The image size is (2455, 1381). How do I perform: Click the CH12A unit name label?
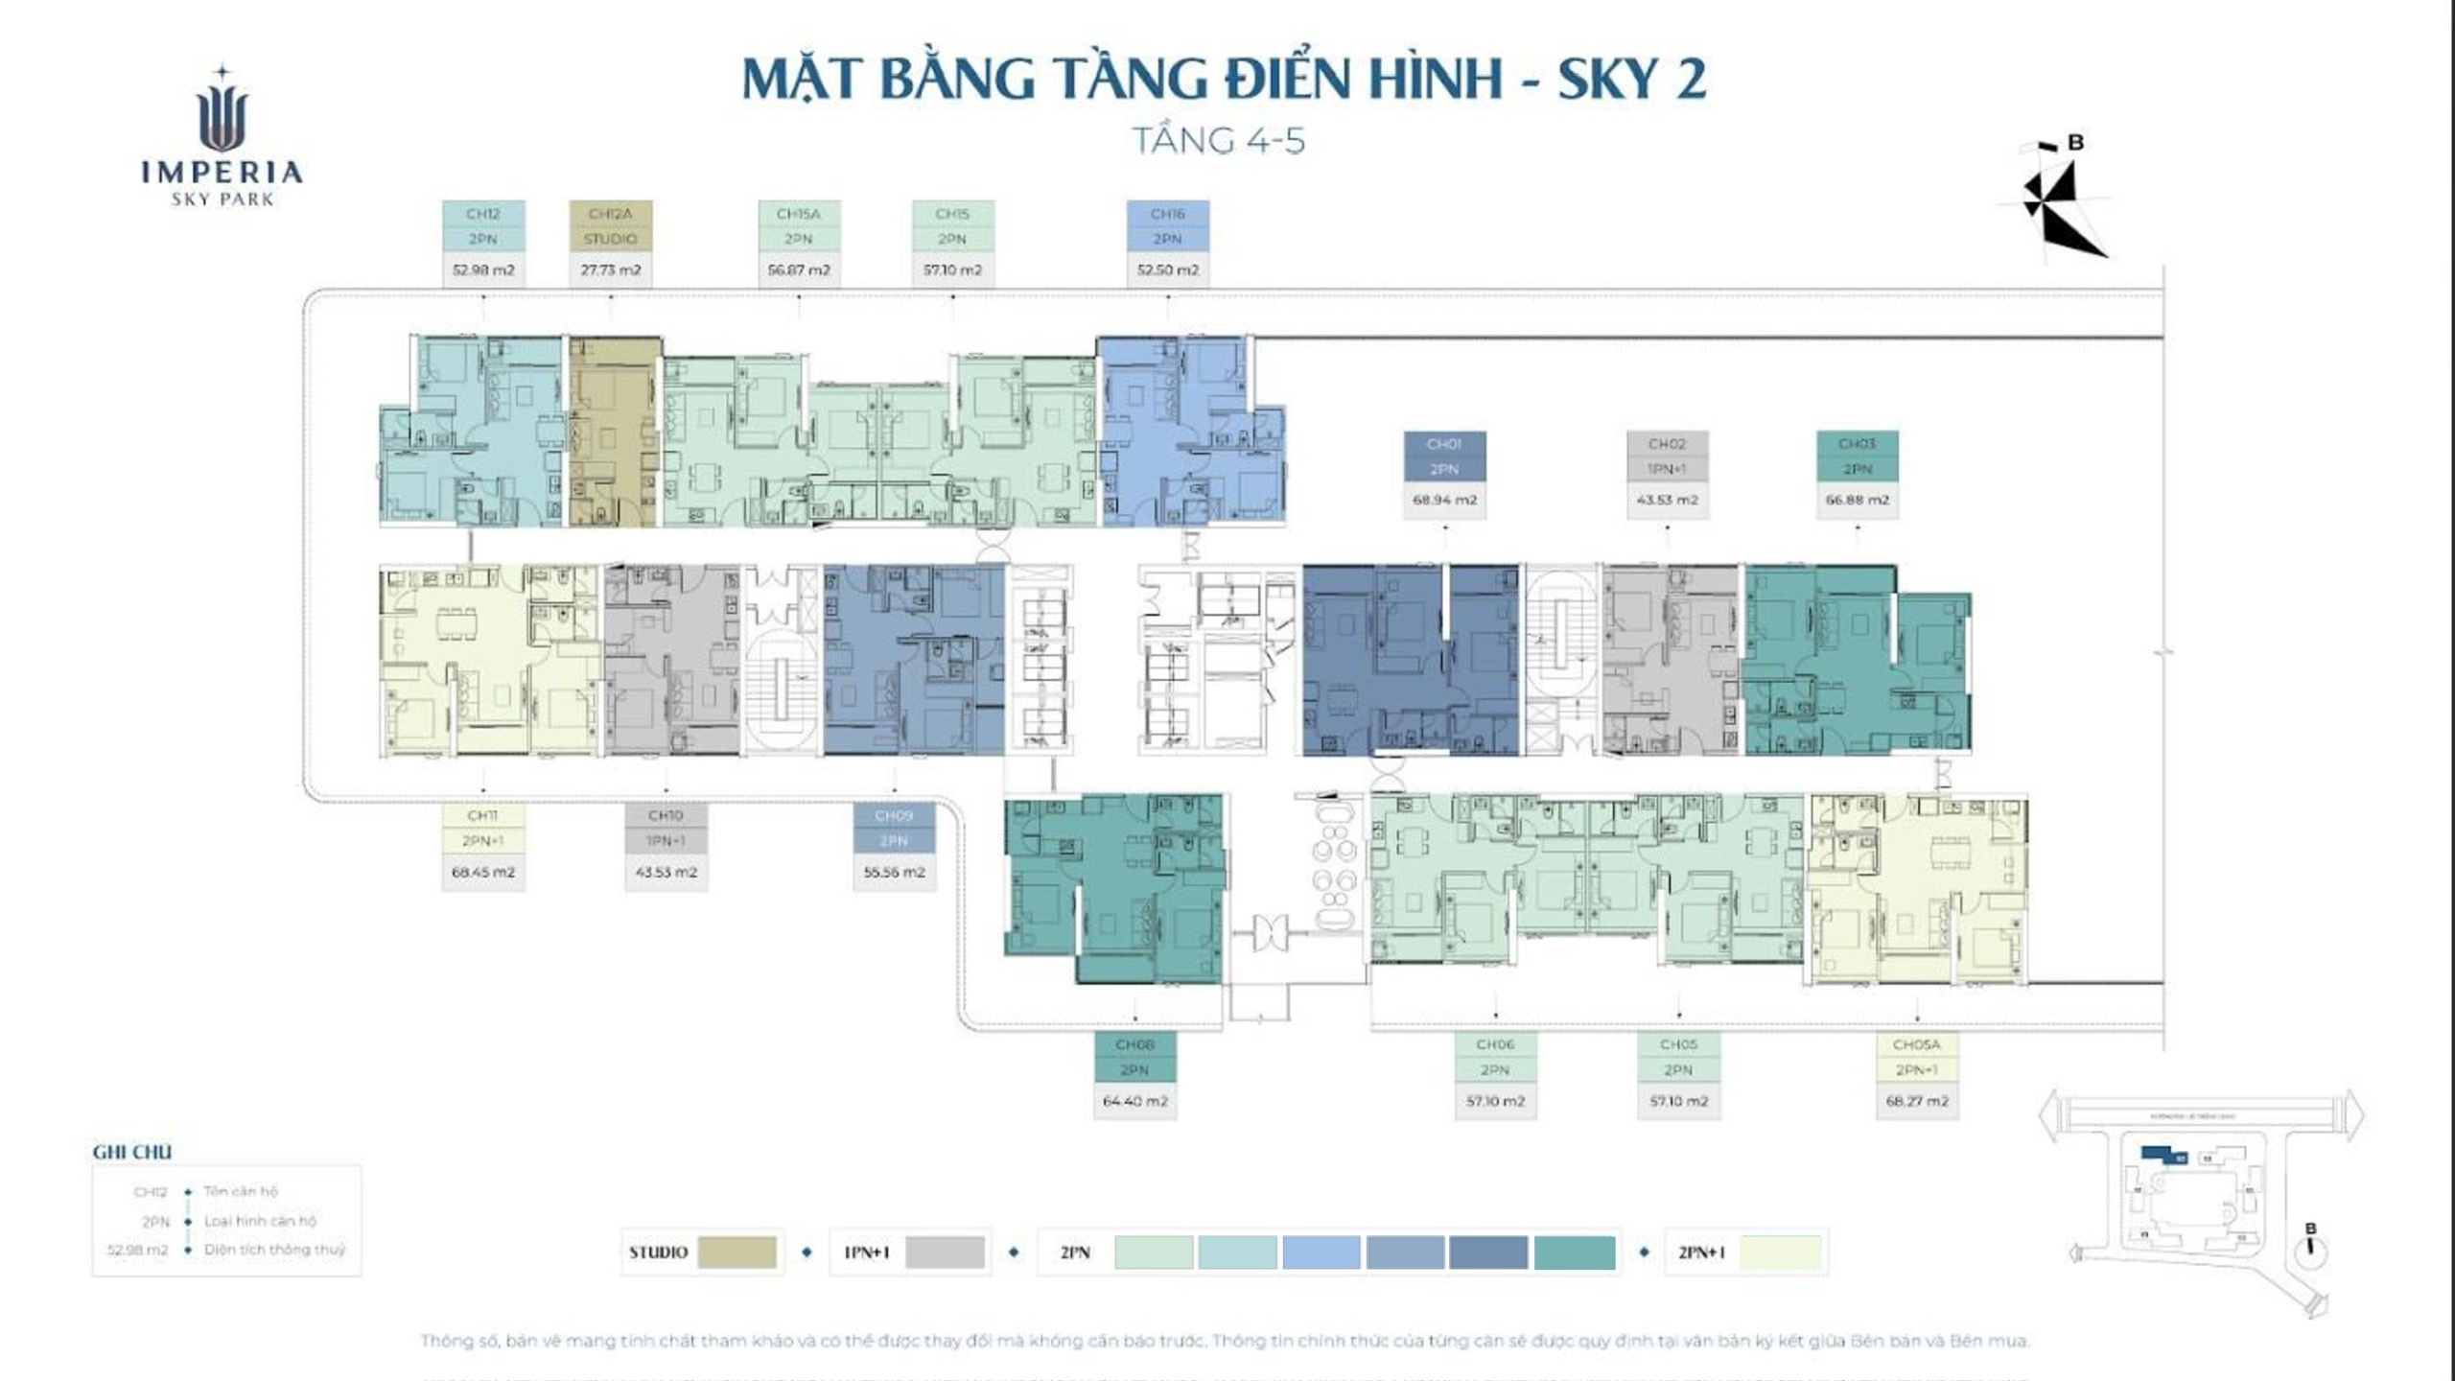610,214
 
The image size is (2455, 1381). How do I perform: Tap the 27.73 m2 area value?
610,270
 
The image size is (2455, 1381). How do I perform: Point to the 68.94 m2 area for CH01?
1444,500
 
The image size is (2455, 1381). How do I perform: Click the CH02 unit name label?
1667,444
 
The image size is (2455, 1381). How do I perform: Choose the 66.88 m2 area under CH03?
1858,500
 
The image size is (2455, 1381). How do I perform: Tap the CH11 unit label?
482,815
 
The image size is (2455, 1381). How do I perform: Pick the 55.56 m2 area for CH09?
894,873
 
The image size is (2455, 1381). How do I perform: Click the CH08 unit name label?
1134,1044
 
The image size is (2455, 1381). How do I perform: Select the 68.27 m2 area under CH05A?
1917,1101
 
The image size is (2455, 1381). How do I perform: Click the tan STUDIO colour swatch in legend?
736,1252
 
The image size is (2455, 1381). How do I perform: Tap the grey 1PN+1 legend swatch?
945,1252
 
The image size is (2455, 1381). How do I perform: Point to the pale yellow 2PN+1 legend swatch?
1780,1252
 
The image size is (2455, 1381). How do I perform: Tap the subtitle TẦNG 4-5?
1219,141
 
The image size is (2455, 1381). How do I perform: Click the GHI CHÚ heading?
132,1152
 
